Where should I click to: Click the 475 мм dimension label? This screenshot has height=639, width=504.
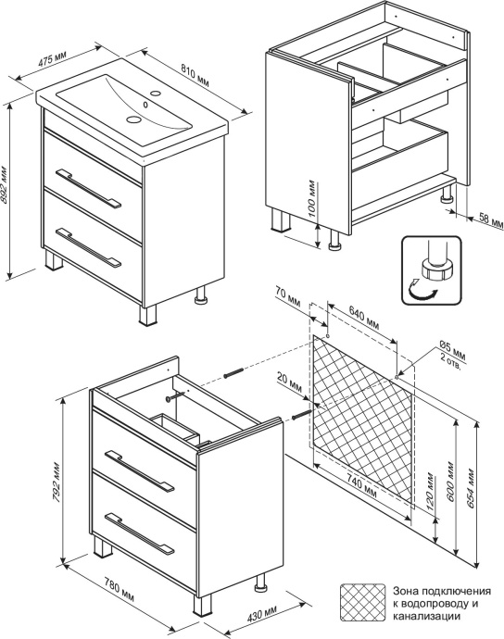click(x=52, y=58)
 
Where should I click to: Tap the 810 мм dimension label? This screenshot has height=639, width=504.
click(x=195, y=75)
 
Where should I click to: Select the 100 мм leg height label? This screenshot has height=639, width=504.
click(x=313, y=198)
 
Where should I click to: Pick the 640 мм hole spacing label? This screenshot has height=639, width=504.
click(x=363, y=318)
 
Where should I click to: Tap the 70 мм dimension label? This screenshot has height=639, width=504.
click(x=287, y=298)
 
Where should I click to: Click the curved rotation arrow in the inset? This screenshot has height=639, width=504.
click(x=422, y=294)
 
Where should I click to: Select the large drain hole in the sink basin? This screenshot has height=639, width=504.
click(x=132, y=119)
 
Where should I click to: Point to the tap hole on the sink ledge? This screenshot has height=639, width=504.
click(x=155, y=94)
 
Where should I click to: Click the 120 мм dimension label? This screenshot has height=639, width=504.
click(x=429, y=492)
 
